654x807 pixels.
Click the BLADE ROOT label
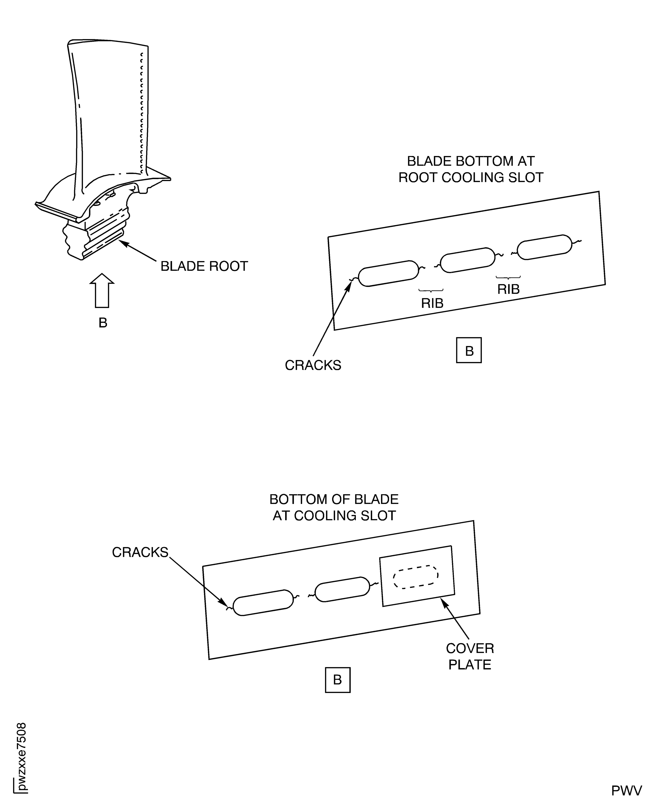pyautogui.click(x=204, y=266)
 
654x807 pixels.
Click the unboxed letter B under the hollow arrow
pyautogui.click(x=103, y=323)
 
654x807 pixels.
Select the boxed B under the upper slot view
pyautogui.click(x=469, y=351)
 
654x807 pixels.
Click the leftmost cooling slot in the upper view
pyautogui.click(x=388, y=273)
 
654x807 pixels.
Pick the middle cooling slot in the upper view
pyautogui.click(x=467, y=260)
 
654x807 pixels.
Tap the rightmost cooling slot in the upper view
pyautogui.click(x=545, y=247)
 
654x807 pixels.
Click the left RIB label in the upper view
pyautogui.click(x=432, y=303)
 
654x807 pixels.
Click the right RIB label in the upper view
pyautogui.click(x=508, y=289)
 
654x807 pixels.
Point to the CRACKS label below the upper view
pyautogui.click(x=313, y=365)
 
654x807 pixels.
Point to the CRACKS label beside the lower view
pyautogui.click(x=140, y=552)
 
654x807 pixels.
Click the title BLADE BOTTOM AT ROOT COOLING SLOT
pyautogui.click(x=471, y=169)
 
